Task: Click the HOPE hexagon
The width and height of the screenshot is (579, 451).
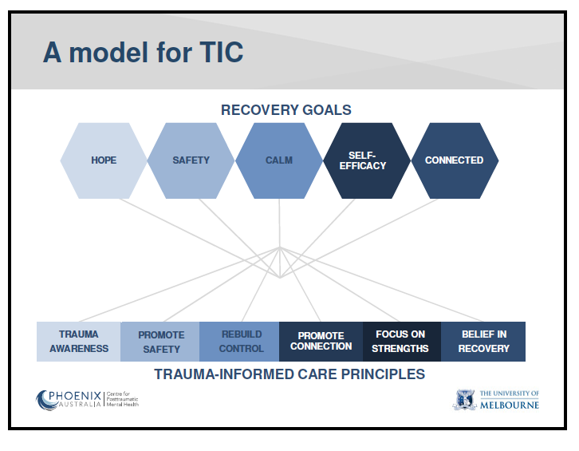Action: (104, 160)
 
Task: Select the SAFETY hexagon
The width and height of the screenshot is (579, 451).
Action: (191, 160)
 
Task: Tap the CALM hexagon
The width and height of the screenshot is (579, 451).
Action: (279, 160)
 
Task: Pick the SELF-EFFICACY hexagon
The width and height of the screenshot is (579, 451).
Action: (367, 160)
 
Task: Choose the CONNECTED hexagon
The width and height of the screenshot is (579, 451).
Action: (454, 160)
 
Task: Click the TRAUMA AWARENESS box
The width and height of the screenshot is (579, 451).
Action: (79, 342)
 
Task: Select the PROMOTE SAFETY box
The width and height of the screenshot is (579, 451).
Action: (160, 342)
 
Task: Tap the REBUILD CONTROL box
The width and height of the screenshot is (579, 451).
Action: (241, 342)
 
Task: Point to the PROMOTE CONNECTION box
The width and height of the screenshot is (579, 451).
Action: (321, 342)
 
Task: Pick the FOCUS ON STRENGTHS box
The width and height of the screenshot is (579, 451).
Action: (401, 342)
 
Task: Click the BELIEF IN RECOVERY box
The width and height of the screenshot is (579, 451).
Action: (484, 342)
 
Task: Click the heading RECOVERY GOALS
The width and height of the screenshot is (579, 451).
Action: (286, 110)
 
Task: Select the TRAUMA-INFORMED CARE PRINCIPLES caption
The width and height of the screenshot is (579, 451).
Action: (289, 374)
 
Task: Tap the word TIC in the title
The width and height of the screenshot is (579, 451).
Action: (218, 53)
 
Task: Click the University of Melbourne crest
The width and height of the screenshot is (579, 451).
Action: (464, 400)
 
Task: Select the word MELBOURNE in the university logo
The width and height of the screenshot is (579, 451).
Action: (510, 405)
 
